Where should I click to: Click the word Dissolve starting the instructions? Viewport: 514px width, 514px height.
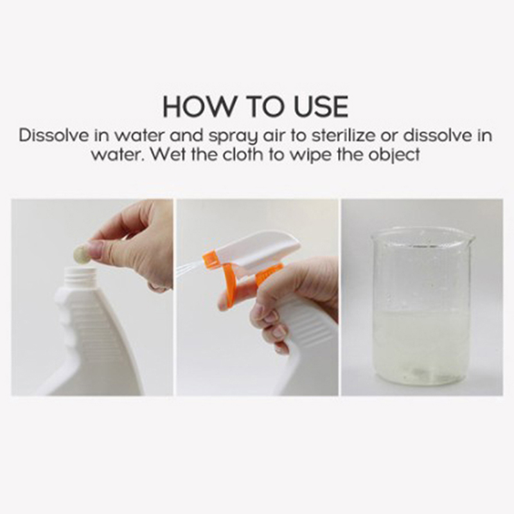click(x=54, y=136)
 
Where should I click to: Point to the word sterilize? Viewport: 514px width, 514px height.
click(x=343, y=136)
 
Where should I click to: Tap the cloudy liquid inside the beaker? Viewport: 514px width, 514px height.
click(x=422, y=348)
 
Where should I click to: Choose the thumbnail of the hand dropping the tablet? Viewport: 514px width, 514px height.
click(x=92, y=297)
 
